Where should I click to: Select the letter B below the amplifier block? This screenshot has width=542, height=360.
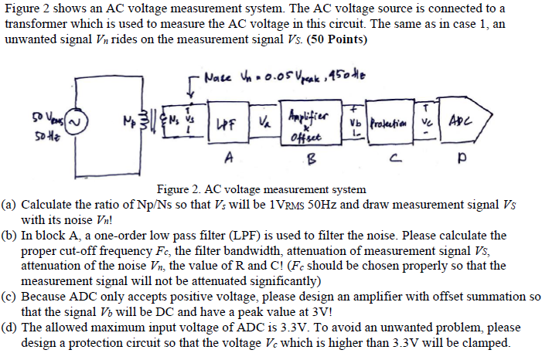[x=312, y=160]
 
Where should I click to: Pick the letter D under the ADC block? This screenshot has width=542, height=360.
[x=462, y=163]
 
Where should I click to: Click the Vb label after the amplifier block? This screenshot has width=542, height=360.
[x=355, y=123]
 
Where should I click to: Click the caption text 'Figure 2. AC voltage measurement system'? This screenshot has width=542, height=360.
[x=261, y=189]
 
